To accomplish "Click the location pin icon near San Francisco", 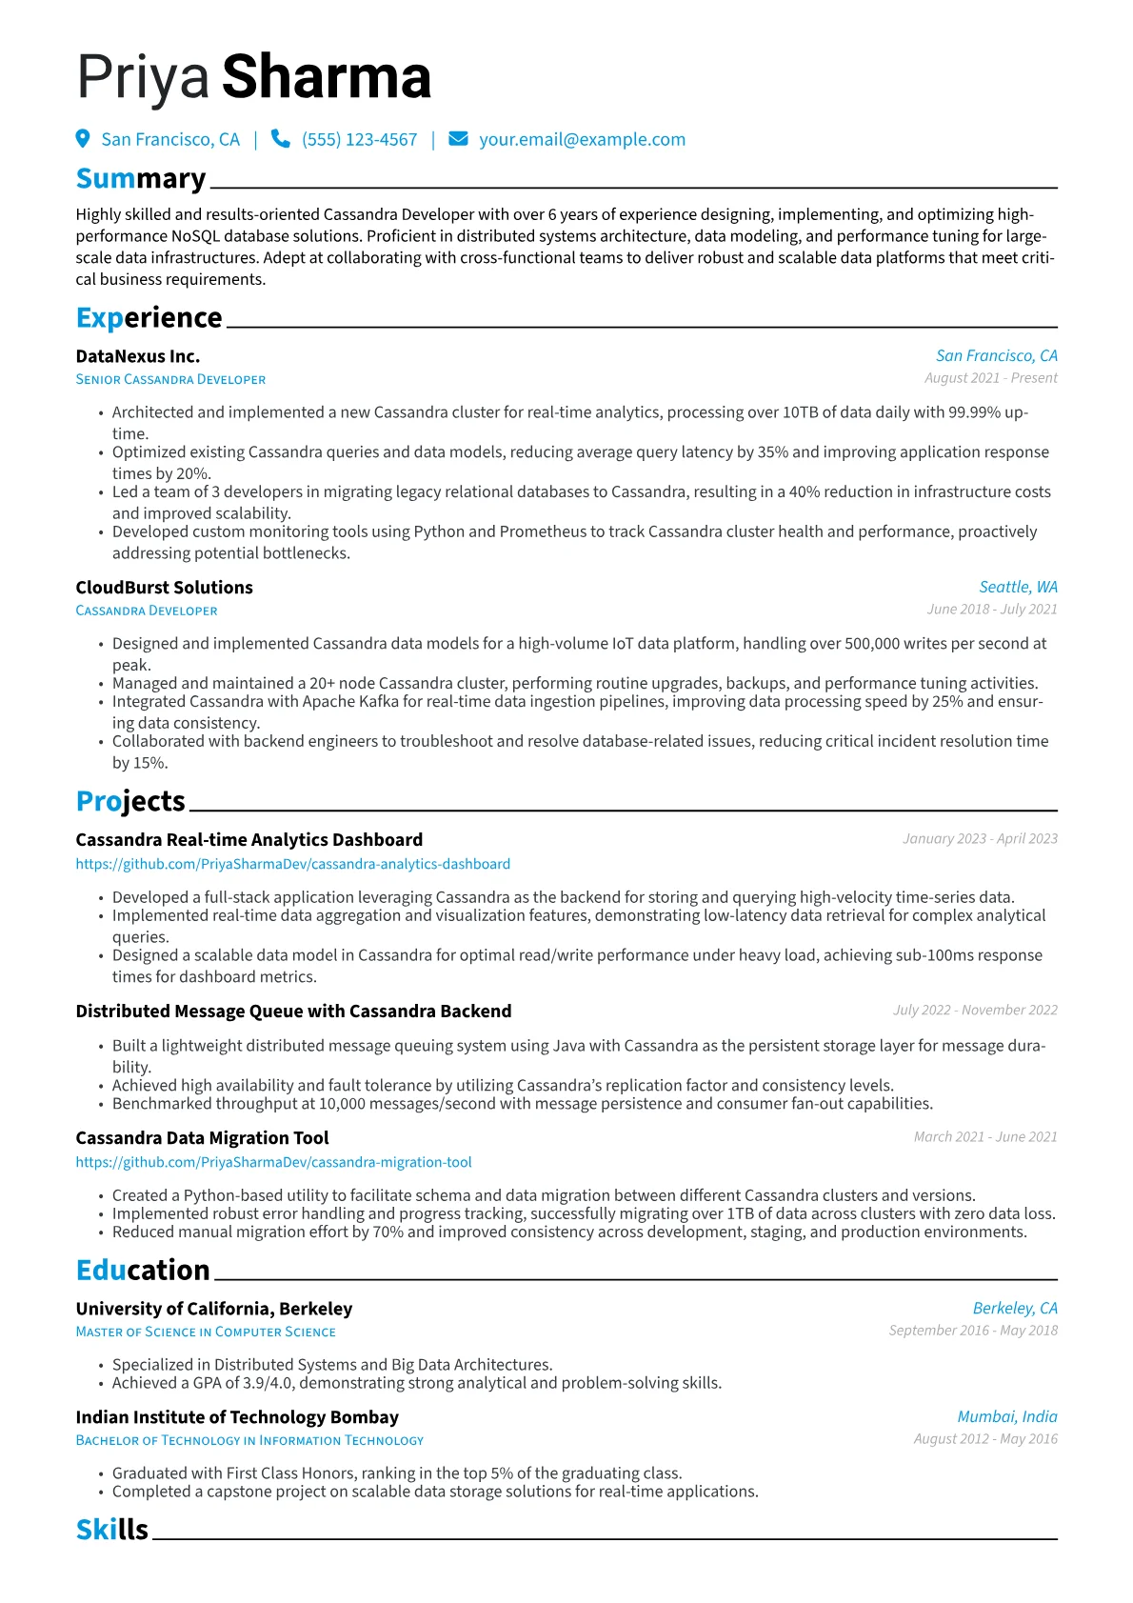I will coord(83,139).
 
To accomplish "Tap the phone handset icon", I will coord(280,139).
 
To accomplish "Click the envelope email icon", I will coord(458,139).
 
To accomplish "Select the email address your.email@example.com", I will coord(582,140).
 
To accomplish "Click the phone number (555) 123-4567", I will coord(359,140).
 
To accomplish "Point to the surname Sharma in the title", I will coord(327,77).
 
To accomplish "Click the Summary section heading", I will coord(141,179).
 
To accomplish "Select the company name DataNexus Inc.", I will coord(138,356).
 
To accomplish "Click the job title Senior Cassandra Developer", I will coord(170,379).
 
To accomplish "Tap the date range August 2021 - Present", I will coord(990,378).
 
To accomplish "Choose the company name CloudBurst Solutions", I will coord(164,588).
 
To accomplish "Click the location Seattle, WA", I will coord(1018,587).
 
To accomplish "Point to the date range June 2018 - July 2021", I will coord(992,610).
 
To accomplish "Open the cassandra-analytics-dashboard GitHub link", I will coord(292,864).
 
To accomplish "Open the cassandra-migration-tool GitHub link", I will coord(273,1162).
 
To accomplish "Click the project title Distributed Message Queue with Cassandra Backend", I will coord(293,1012).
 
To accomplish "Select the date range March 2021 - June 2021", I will coord(985,1137).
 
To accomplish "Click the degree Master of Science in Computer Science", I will coord(206,1332).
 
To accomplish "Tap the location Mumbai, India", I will coord(1007,1417).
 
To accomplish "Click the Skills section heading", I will coord(112,1530).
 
